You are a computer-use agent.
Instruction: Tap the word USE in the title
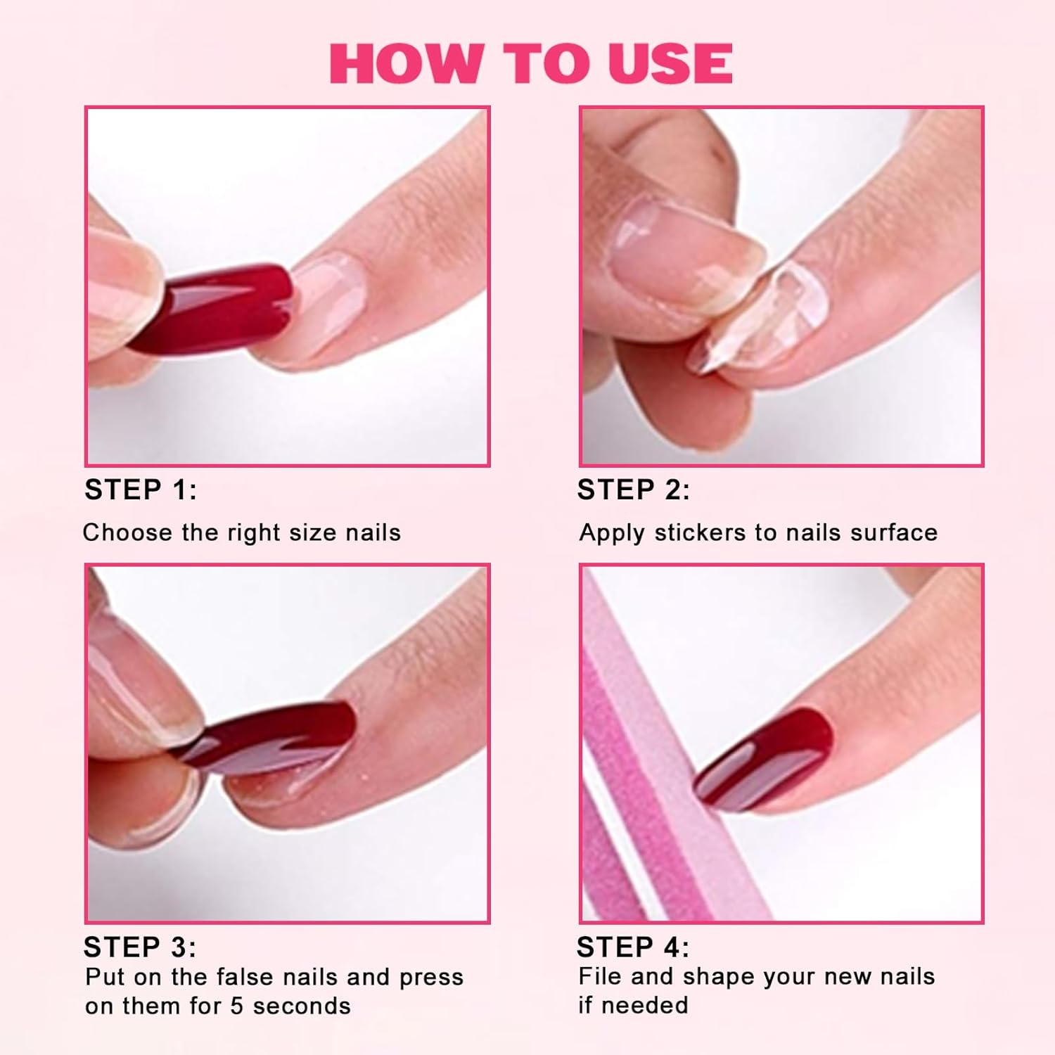(x=670, y=63)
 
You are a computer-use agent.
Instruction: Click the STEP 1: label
(x=141, y=490)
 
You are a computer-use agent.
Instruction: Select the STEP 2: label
(x=634, y=490)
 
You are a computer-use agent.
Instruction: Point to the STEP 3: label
(x=140, y=947)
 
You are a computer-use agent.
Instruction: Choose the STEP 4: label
(x=633, y=947)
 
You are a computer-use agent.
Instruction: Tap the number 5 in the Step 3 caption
(x=237, y=1006)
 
